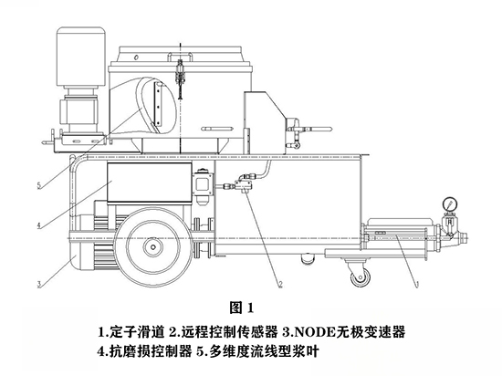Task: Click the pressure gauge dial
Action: coord(449,204)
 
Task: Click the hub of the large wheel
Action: coord(153,247)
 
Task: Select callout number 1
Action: coord(417,284)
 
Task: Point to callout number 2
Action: coord(280,284)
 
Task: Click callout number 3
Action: coord(39,284)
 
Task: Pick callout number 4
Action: coord(39,225)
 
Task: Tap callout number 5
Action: coord(39,185)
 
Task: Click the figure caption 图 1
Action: coord(242,308)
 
